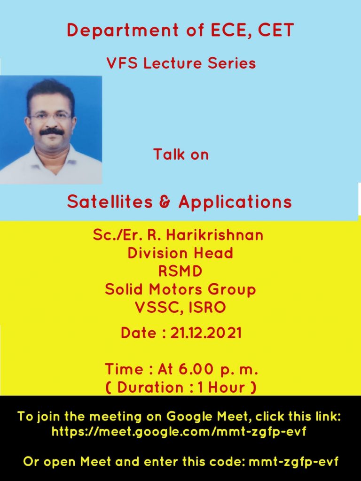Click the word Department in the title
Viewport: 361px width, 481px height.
(x=123, y=31)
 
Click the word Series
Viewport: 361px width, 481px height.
(x=232, y=63)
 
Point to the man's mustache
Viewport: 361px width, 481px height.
(x=52, y=132)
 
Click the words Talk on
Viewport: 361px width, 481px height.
(x=181, y=154)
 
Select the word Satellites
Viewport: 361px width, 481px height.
(x=110, y=202)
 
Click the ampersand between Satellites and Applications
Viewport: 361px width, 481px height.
(x=165, y=202)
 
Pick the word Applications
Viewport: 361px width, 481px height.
(x=235, y=202)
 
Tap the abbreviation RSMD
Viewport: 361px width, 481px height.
(x=180, y=271)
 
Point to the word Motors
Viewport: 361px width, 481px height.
(x=176, y=289)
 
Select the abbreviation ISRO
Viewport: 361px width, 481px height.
(x=207, y=307)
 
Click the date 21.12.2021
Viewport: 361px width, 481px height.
(x=206, y=333)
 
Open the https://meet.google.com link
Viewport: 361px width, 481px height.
(x=179, y=432)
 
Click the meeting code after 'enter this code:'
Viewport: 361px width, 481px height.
(x=293, y=462)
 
